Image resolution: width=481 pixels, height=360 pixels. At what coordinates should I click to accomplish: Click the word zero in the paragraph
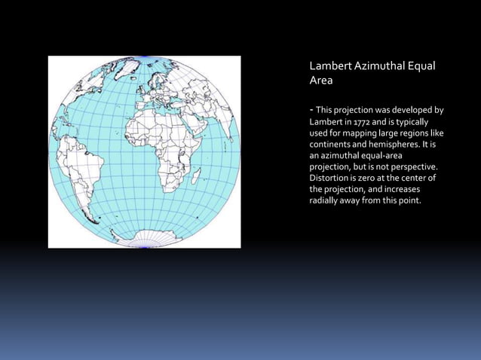tap(369, 178)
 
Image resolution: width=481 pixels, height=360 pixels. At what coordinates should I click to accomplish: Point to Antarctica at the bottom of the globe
tap(143, 239)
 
